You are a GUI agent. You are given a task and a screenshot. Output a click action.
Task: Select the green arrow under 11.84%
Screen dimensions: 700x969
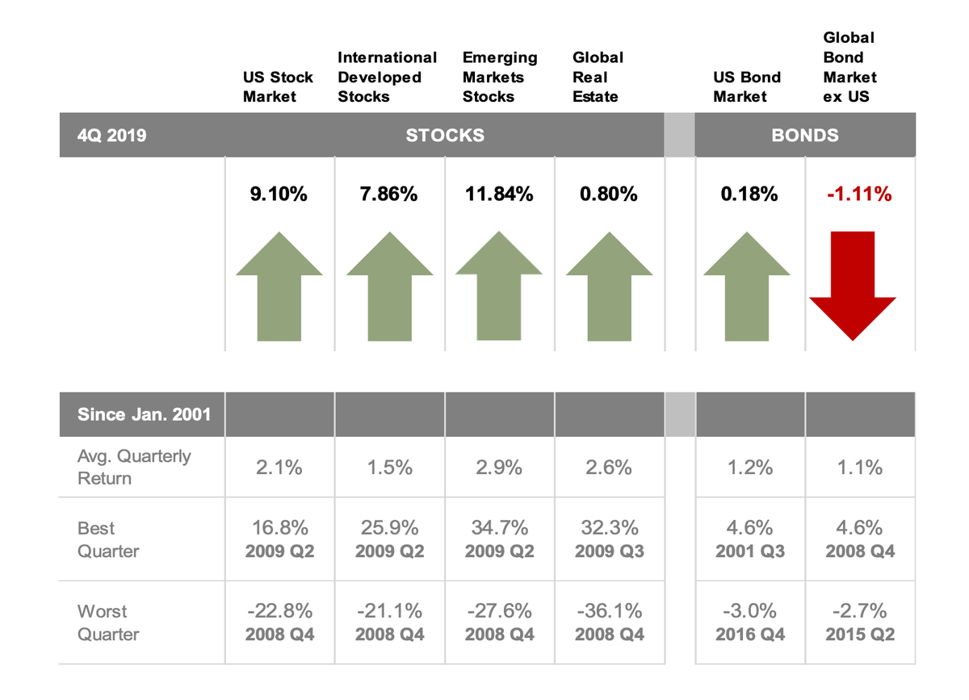tap(498, 286)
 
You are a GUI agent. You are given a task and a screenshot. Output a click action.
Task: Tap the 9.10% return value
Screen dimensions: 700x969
tap(279, 194)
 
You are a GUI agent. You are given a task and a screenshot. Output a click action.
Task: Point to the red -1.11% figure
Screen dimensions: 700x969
tap(859, 194)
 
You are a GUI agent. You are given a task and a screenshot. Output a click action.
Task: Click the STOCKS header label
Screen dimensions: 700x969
tap(445, 136)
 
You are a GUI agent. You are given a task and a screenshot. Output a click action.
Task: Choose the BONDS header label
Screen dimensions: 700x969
tap(804, 136)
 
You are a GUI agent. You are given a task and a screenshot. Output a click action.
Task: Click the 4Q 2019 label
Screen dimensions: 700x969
tap(112, 136)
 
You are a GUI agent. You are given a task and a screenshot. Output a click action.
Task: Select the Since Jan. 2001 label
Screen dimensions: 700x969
tap(144, 415)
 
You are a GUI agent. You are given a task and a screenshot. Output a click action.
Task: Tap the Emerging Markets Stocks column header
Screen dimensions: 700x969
tap(500, 78)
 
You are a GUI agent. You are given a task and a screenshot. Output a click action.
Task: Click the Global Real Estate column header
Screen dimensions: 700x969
tap(598, 78)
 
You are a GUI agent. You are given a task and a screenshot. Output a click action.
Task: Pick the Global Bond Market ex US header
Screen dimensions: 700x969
tap(849, 67)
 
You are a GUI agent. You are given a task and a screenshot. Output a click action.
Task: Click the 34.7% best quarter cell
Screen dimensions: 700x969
tap(499, 528)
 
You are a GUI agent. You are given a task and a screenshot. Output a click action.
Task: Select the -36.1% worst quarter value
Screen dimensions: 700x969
tap(609, 610)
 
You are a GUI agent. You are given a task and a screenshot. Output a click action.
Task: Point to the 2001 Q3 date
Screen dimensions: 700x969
tap(749, 552)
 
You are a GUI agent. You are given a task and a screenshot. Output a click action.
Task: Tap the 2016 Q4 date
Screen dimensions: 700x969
tap(749, 635)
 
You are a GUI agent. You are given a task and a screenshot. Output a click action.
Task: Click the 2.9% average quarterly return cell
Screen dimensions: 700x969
tap(499, 467)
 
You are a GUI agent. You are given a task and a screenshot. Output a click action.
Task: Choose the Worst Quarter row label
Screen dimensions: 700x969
tap(108, 622)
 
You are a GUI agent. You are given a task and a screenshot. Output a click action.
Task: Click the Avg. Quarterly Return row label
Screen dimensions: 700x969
tap(134, 467)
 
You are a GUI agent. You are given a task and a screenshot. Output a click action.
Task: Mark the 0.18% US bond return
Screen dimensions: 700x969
tap(749, 194)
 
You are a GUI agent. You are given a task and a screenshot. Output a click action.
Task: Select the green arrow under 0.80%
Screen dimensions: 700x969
tap(609, 286)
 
